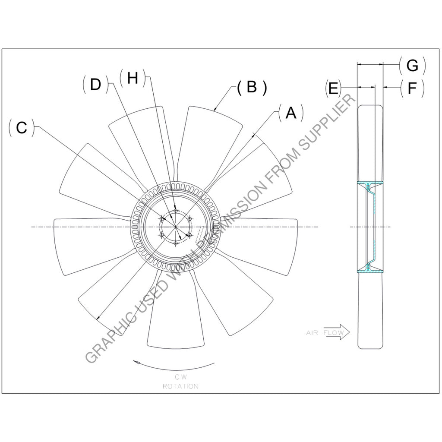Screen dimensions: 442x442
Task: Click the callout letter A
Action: pyautogui.click(x=291, y=113)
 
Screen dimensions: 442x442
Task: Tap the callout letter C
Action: pyautogui.click(x=22, y=128)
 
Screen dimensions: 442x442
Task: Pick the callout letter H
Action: pyautogui.click(x=133, y=78)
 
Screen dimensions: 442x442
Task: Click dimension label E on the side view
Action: pyautogui.click(x=333, y=88)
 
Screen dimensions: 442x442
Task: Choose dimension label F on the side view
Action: pyautogui.click(x=412, y=88)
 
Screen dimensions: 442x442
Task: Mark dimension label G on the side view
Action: pyautogui.click(x=412, y=66)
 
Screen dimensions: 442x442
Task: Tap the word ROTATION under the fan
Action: pyautogui.click(x=180, y=386)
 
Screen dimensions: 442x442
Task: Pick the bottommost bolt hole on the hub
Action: pyautogui.click(x=175, y=243)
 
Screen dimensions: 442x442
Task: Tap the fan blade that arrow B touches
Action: pyautogui.click(x=212, y=138)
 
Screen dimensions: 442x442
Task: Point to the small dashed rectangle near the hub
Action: pyautogui.click(x=199, y=236)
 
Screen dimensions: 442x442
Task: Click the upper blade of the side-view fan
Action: pyautogui.click(x=370, y=142)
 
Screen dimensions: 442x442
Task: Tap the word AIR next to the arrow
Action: pyautogui.click(x=312, y=333)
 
